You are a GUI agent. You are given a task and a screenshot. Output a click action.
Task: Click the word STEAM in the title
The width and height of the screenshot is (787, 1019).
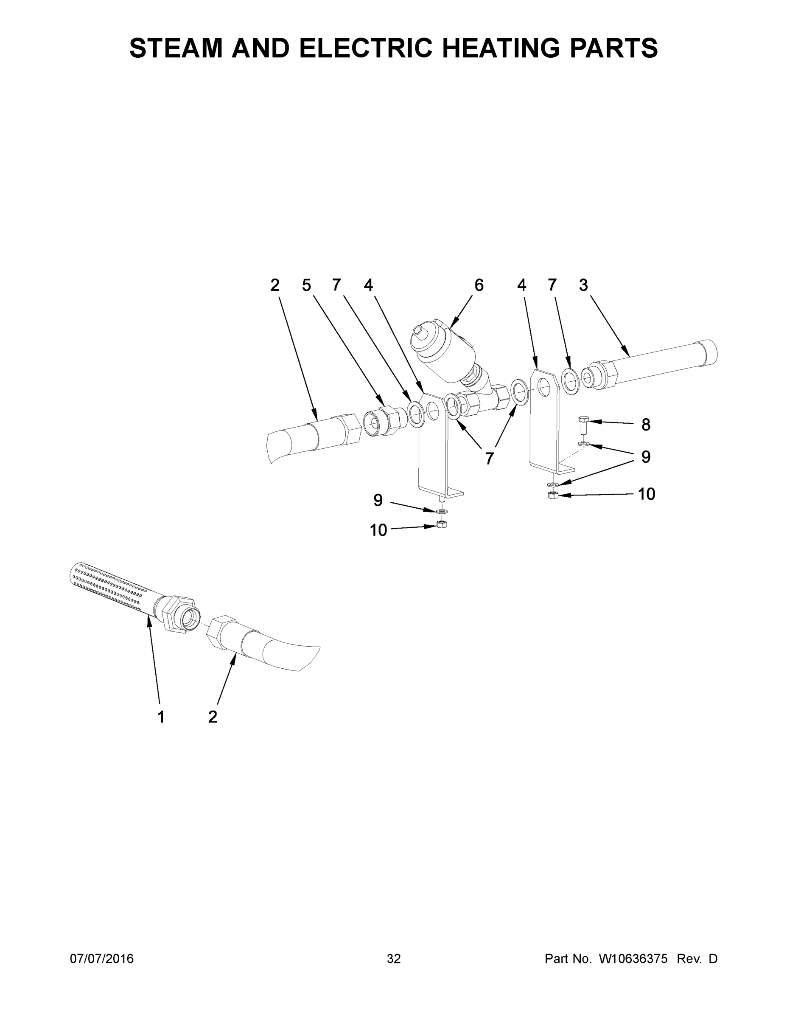point(176,48)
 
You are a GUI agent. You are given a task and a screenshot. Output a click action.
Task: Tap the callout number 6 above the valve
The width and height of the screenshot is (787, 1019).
point(479,285)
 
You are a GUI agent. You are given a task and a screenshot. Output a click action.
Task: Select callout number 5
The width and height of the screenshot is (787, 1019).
point(306,285)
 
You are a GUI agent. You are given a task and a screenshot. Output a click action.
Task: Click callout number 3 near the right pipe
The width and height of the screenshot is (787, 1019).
point(583,285)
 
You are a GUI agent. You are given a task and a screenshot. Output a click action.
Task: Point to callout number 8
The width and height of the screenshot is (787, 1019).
point(645,425)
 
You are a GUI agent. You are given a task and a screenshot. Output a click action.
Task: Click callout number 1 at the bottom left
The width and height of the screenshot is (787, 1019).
point(161,717)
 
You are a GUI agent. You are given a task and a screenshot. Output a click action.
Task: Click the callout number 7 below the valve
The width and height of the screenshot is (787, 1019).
point(489,459)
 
